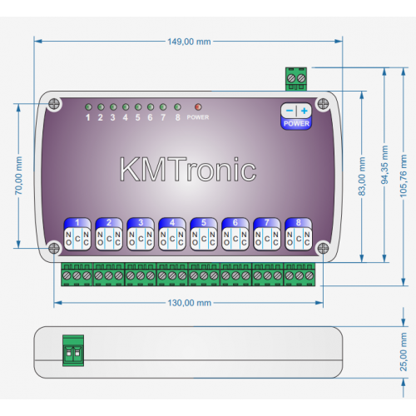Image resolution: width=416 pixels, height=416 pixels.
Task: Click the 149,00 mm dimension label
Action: point(189,42)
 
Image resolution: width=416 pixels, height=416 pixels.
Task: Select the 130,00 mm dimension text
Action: point(190,303)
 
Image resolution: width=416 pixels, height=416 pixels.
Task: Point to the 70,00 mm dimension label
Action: point(18,176)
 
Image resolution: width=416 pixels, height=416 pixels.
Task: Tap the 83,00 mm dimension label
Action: point(362,176)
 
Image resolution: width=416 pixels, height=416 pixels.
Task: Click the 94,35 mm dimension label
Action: point(384,165)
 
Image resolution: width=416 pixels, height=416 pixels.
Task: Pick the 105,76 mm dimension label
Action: point(404,176)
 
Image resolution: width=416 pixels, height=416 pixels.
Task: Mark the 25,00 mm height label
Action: point(404,352)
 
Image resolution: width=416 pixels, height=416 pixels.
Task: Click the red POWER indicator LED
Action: point(198,106)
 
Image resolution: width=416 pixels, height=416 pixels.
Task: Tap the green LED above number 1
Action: point(88,106)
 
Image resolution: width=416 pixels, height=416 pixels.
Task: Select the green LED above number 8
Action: point(177,106)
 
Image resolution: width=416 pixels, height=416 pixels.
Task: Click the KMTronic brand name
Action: point(188,169)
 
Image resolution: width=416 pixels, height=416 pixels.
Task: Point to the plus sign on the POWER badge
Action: point(305,111)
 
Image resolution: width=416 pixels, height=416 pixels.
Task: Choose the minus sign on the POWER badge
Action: point(290,111)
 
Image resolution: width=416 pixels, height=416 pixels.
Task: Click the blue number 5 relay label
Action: point(204,222)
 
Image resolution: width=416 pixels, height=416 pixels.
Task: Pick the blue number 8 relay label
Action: point(299,222)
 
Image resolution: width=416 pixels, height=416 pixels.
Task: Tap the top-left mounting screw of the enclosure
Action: point(54,104)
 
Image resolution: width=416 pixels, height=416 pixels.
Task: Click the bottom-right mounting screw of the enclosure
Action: point(323,248)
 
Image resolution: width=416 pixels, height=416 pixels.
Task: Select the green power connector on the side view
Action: point(73,350)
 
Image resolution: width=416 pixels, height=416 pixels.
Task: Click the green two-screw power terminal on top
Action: point(296,79)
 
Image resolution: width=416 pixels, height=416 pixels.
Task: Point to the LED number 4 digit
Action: point(126,117)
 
